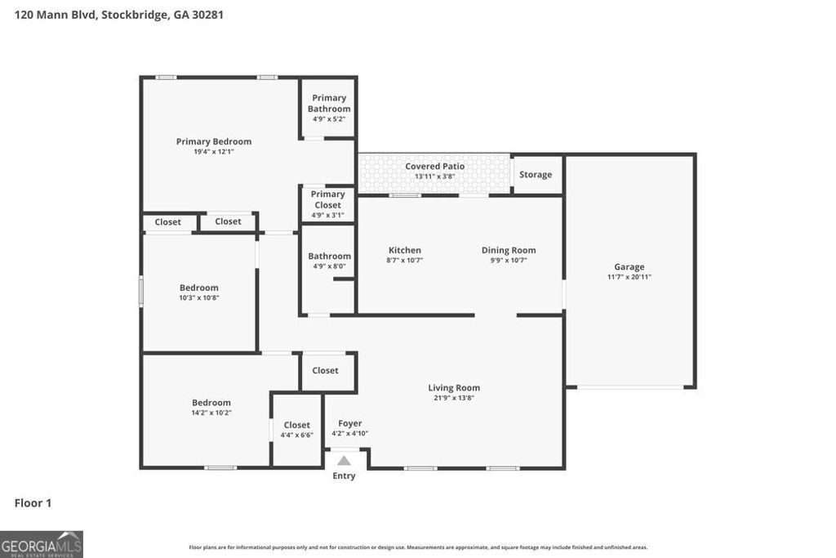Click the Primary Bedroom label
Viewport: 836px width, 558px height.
click(214, 141)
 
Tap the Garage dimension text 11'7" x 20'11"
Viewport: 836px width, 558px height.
click(629, 277)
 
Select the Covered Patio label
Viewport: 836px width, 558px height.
click(434, 167)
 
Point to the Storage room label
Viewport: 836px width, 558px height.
click(536, 175)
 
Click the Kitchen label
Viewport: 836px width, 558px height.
click(404, 251)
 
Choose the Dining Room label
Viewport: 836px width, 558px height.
click(508, 251)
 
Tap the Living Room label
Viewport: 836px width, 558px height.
click(454, 388)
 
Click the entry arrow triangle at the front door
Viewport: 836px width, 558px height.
click(344, 461)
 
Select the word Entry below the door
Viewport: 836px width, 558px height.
click(344, 475)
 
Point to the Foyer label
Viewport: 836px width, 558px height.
click(350, 424)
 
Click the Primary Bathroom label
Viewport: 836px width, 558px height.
click(329, 103)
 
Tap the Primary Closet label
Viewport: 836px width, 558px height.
click(327, 199)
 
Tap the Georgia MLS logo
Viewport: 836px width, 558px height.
click(42, 544)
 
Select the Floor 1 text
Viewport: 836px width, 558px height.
click(33, 503)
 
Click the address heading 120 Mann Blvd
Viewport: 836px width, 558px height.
click(119, 15)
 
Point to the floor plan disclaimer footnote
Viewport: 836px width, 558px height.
click(418, 547)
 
